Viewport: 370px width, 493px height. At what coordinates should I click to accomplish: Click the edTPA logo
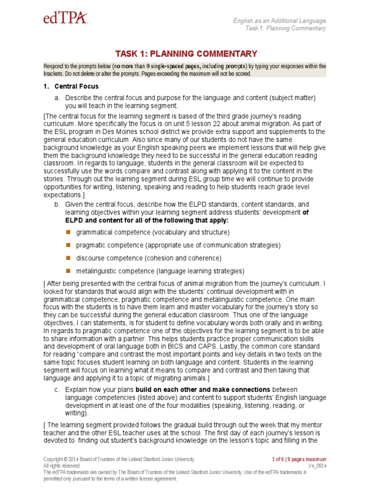click(65, 18)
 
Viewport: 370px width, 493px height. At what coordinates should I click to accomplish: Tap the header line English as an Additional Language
click(279, 21)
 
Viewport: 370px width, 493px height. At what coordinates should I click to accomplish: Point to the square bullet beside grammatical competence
click(68, 232)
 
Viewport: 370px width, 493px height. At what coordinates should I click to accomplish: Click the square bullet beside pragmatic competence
click(68, 245)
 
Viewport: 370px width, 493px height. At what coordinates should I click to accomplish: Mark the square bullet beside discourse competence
click(68, 258)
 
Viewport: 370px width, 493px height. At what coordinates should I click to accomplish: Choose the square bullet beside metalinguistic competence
click(68, 271)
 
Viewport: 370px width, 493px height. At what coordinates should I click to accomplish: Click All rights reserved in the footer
click(62, 466)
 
